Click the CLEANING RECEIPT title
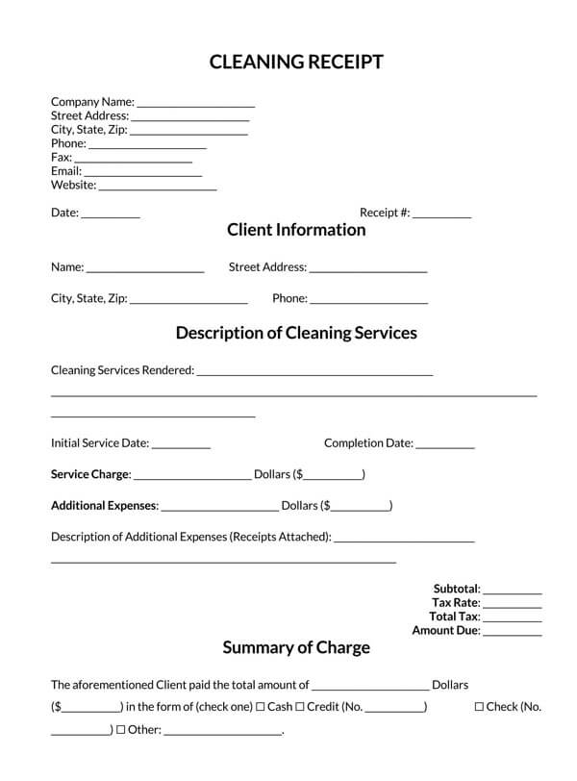[x=296, y=63]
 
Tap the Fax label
[x=61, y=157]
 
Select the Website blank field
[x=158, y=188]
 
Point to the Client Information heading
[x=296, y=230]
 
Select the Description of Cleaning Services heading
[x=296, y=333]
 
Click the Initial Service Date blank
[x=181, y=446]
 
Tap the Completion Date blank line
[x=445, y=446]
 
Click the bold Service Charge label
[x=89, y=474]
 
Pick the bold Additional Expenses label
[x=103, y=505]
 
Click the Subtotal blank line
[x=513, y=592]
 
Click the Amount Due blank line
[x=513, y=634]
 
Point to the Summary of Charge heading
[x=296, y=647]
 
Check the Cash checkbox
[x=261, y=707]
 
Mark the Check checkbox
[x=479, y=707]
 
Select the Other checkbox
[x=121, y=730]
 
